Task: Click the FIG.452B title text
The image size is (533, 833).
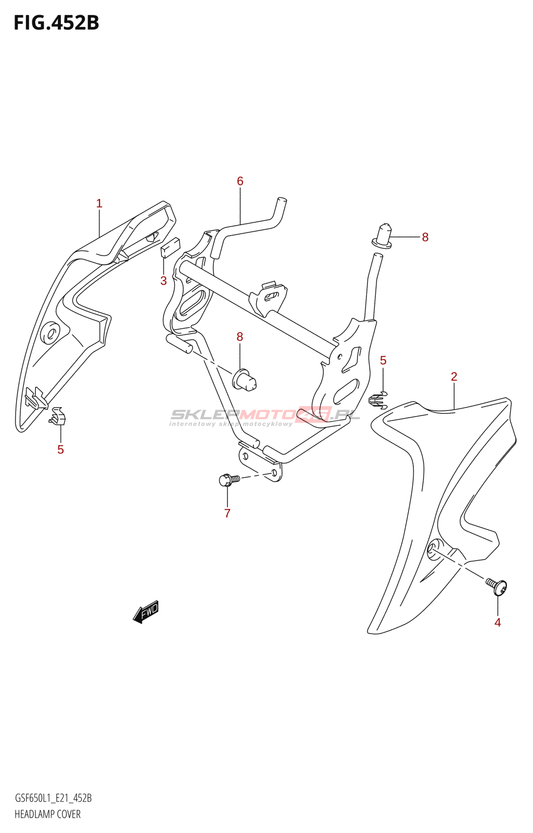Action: click(56, 23)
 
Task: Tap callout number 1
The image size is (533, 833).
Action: click(99, 204)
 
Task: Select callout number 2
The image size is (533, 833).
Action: click(454, 376)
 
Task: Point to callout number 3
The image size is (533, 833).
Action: click(163, 281)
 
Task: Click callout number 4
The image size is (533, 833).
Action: click(498, 623)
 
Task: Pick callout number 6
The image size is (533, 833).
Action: click(240, 181)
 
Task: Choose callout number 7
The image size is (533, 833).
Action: click(227, 513)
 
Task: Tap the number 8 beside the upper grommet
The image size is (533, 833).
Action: click(425, 237)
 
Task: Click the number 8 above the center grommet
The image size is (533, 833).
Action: click(240, 337)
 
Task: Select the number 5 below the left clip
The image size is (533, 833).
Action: click(61, 450)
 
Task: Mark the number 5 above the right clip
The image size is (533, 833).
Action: click(383, 360)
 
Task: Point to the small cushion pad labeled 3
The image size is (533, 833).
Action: click(170, 247)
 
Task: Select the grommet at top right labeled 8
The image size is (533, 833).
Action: click(384, 235)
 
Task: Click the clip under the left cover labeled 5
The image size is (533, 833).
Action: click(58, 415)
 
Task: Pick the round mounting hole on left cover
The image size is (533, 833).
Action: click(50, 333)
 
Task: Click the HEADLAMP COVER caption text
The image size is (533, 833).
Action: click(47, 814)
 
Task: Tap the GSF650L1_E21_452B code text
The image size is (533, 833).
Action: click(53, 798)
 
